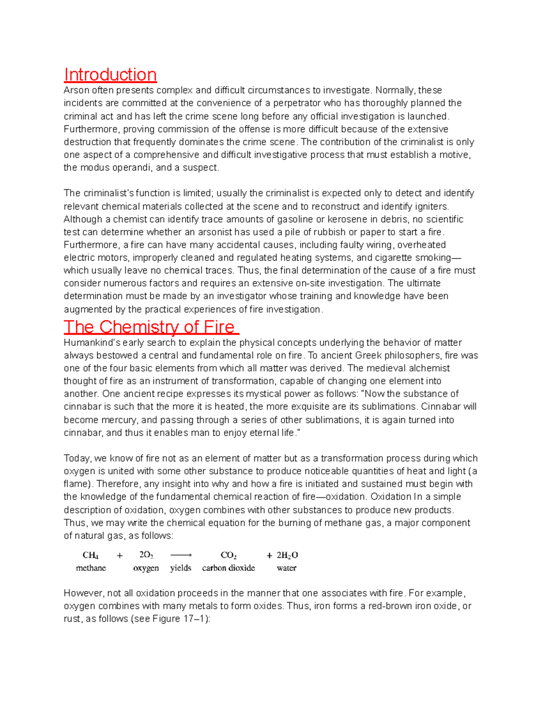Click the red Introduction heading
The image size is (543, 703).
click(110, 75)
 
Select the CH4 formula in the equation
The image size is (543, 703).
click(90, 555)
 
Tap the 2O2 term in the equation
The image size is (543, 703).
click(146, 555)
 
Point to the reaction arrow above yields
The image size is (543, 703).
click(181, 555)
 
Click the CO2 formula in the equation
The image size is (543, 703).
click(229, 555)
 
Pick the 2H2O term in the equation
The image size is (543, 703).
click(287, 555)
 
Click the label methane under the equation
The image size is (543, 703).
click(91, 568)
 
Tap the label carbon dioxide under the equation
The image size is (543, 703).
click(229, 568)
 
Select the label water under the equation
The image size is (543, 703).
click(286, 568)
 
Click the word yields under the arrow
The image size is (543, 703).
click(181, 568)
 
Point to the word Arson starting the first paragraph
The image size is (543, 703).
click(76, 91)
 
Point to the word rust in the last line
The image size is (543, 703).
click(71, 619)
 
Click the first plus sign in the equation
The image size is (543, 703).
click(119, 555)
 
